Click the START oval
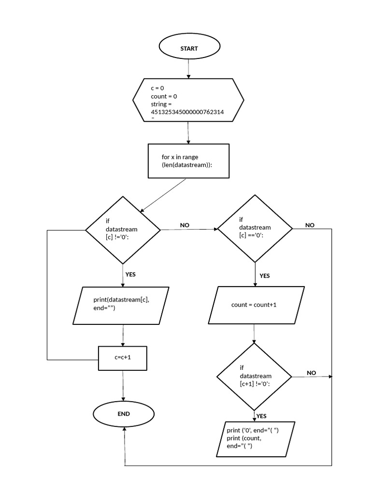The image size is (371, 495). coord(189,48)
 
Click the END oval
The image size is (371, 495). coord(124,414)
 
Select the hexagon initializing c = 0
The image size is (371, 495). coord(188,101)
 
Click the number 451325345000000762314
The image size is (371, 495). coord(187,112)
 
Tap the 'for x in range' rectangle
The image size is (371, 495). coord(188,161)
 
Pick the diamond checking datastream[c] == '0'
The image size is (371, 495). coord(255,228)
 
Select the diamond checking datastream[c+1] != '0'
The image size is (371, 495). coord(254,376)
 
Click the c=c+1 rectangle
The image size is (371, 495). coord(123,358)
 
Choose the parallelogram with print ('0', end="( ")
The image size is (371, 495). coord(253,438)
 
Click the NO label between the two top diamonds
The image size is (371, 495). coord(185,225)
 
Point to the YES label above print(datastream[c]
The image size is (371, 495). coord(130,274)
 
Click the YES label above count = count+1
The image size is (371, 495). coord(264,276)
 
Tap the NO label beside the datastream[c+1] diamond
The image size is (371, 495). coord(311,373)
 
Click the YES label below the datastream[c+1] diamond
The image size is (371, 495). coord(261,416)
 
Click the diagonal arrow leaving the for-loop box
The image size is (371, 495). coord(163,195)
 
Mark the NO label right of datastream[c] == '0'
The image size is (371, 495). coord(310,225)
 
